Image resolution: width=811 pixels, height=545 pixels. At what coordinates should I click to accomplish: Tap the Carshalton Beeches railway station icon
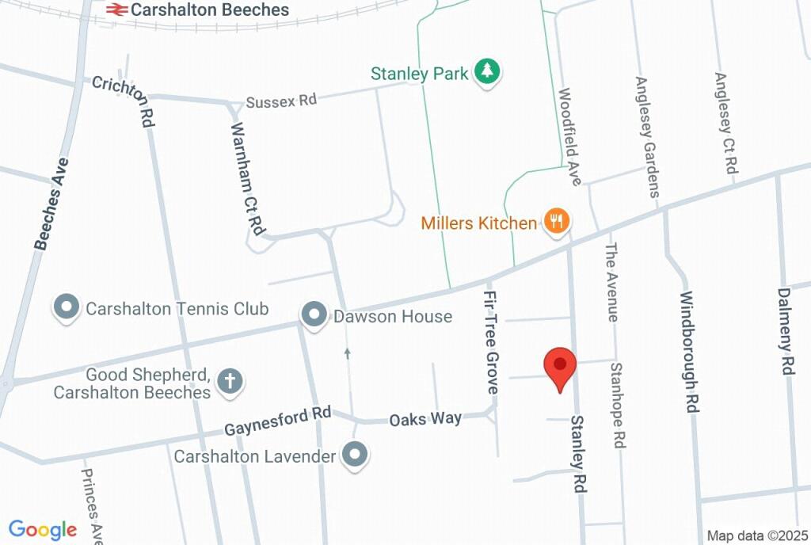coord(116,10)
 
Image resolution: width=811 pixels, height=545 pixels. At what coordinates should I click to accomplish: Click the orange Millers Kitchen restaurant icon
coord(557,222)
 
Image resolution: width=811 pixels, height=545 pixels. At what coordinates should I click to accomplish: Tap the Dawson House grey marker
coord(314,316)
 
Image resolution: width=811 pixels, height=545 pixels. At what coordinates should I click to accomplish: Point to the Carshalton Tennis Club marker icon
coord(67,308)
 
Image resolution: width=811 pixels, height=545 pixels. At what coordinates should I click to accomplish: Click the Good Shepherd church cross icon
coord(230,382)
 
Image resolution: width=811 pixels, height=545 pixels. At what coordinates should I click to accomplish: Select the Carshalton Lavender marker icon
coord(355,455)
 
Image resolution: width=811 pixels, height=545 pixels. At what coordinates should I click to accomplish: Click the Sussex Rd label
coord(281,101)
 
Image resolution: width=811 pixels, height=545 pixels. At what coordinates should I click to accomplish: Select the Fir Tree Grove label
coord(490,341)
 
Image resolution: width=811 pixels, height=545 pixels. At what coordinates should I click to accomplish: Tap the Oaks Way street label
coord(425,418)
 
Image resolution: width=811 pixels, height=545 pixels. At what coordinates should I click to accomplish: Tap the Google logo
coord(43,530)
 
